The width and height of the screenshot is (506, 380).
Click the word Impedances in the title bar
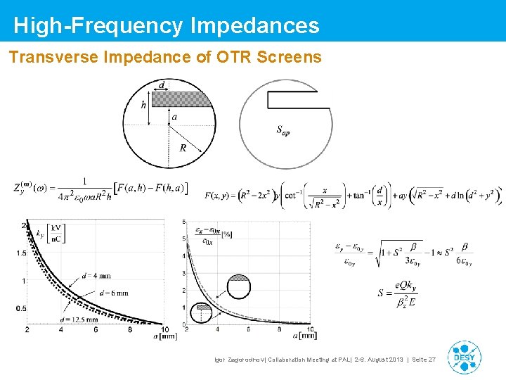click(x=255, y=26)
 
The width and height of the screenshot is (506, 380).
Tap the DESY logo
click(x=465, y=357)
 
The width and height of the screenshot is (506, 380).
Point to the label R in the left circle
click(x=183, y=148)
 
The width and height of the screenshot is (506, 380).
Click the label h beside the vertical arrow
click(x=143, y=105)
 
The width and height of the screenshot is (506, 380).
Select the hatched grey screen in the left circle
click(x=183, y=99)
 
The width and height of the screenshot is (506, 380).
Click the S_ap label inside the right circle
click(x=283, y=130)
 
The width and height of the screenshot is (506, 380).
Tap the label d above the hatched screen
click(x=162, y=85)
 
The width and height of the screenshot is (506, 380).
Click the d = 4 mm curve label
click(x=96, y=276)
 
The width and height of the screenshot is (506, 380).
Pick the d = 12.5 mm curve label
click(x=74, y=319)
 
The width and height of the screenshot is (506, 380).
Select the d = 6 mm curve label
click(x=114, y=293)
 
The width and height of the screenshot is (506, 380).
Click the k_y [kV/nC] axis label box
click(x=53, y=234)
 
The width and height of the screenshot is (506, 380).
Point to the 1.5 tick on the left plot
click(x=22, y=253)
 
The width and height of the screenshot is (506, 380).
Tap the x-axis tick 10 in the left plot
click(x=164, y=329)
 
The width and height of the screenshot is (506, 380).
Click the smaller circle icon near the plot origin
click(x=204, y=307)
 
